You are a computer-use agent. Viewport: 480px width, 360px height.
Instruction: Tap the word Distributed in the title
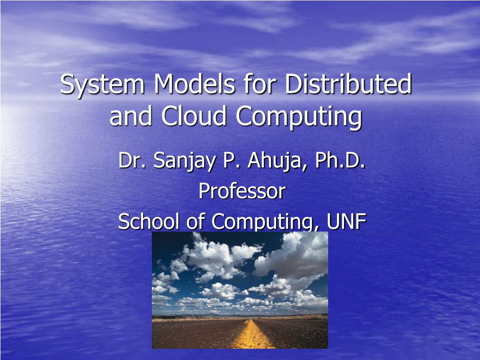tap(349, 85)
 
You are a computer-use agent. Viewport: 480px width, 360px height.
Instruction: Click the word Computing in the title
tap(299, 117)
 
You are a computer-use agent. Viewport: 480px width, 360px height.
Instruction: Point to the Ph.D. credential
tap(340, 161)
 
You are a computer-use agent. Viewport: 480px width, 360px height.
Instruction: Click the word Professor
tap(242, 191)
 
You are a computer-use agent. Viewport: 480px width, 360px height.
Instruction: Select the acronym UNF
tap(346, 221)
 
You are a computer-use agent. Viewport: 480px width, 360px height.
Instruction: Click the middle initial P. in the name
tap(230, 161)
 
